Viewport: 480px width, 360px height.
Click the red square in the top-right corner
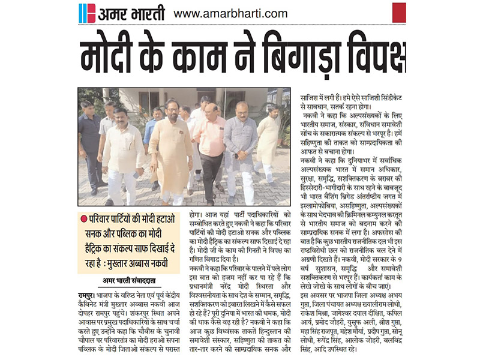[x=399, y=12]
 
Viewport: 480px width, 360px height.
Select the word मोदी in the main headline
[x=113, y=56]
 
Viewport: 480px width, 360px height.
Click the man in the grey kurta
[x=241, y=147]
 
